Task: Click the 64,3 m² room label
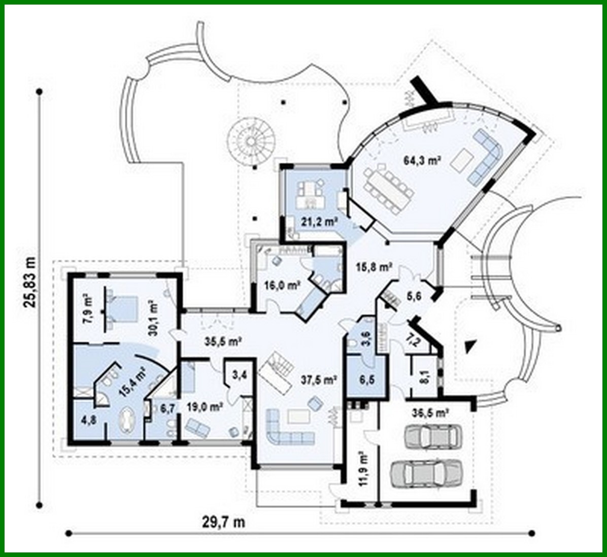click(x=422, y=161)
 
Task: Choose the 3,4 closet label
click(x=240, y=375)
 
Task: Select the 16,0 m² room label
click(x=280, y=286)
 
